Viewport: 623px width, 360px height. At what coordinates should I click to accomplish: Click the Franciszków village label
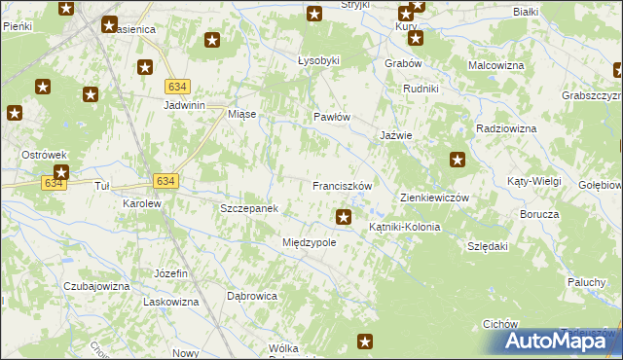[x=343, y=185]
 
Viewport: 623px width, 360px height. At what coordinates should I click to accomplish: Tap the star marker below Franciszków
[x=343, y=216]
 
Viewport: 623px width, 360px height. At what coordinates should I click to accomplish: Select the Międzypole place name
[x=309, y=242]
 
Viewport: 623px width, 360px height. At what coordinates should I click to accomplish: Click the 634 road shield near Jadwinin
[x=176, y=86]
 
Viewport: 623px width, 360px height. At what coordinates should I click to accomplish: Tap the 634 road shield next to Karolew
[x=165, y=181]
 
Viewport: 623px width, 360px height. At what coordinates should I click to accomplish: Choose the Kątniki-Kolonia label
[x=404, y=227]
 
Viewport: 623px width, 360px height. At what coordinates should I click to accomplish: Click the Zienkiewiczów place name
[x=435, y=198]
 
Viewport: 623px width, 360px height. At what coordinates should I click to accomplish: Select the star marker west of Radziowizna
[x=458, y=160]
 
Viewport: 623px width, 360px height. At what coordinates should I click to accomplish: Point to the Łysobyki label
[x=318, y=60]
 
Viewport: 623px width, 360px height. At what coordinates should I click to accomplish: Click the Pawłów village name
[x=331, y=117]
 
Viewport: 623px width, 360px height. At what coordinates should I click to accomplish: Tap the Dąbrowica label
[x=252, y=295]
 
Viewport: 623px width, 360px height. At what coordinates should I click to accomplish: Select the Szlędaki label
[x=488, y=247]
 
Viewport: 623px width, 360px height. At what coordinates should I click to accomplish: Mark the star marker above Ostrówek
[x=14, y=113]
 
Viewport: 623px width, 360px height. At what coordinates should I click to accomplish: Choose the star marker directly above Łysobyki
[x=314, y=14]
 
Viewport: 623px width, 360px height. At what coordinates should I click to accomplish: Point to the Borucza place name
[x=538, y=214]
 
